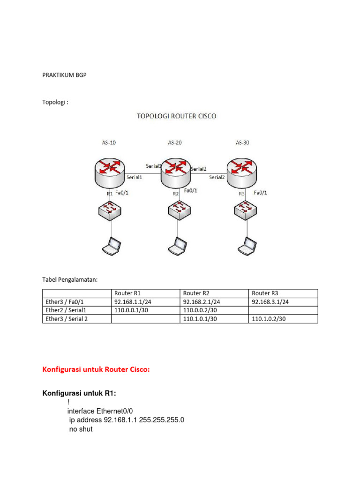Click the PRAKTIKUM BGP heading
pos(65,75)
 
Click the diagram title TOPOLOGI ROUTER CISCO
pos(176,116)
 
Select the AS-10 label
pos(109,142)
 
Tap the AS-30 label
pos(242,142)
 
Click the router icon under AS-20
pos(175,171)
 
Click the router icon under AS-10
pos(110,171)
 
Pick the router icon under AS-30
pos(241,171)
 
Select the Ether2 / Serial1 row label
pos(67,310)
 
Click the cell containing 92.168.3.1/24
pos(270,302)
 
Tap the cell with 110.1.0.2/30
pos(269,319)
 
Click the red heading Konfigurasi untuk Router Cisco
pos(96,369)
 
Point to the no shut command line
pos(81,429)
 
